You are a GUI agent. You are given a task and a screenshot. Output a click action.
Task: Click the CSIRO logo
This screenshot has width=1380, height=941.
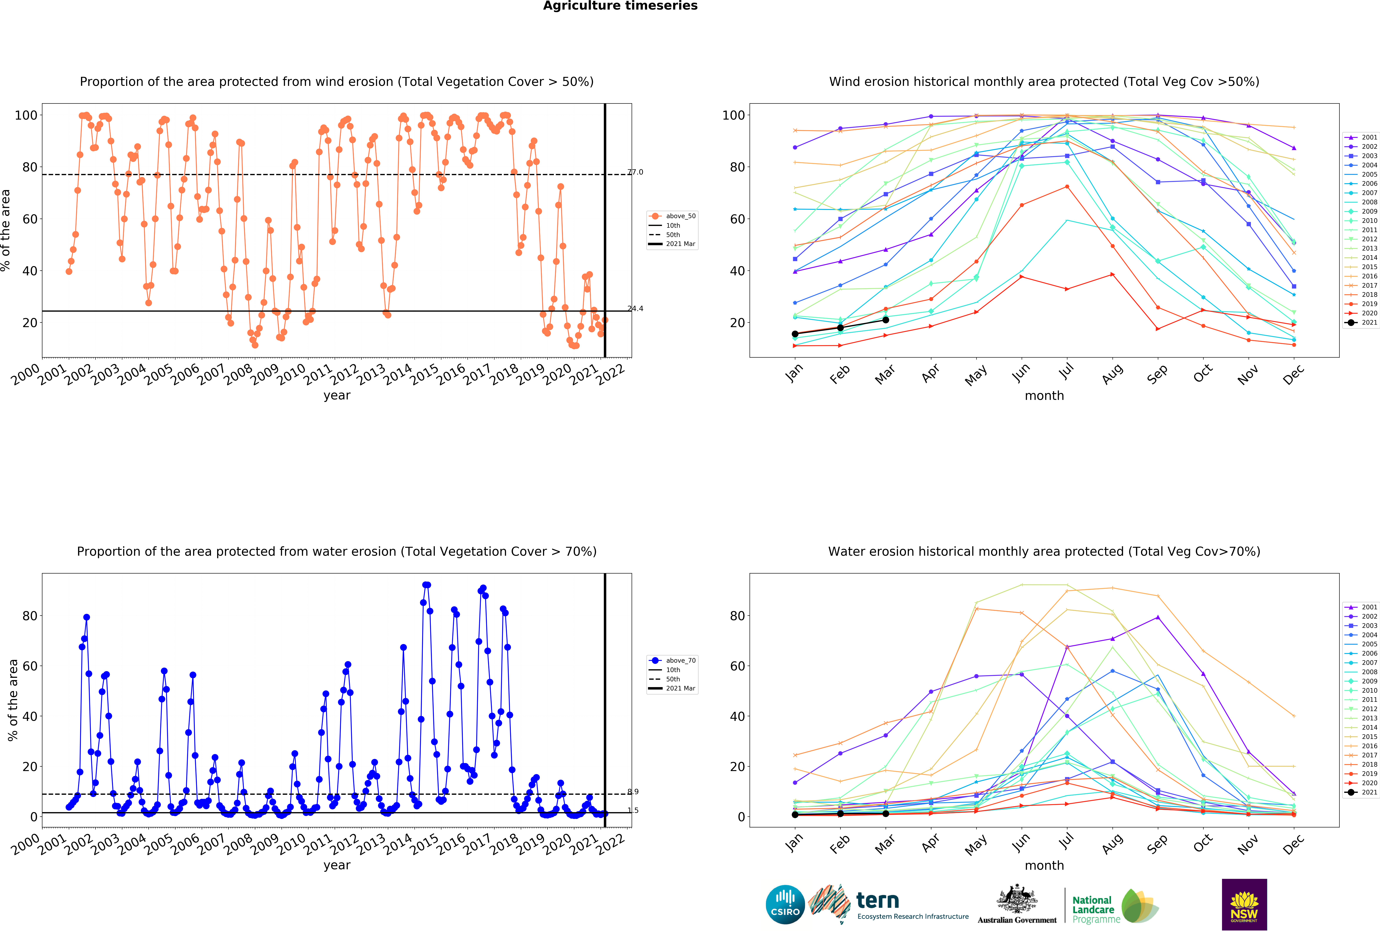click(785, 905)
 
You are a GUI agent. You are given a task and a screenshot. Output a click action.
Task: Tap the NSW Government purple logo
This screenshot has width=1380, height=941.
click(1244, 904)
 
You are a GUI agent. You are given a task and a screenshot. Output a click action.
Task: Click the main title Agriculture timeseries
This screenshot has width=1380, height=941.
click(620, 6)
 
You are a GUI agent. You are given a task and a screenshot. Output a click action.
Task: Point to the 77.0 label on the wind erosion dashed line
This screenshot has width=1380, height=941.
click(635, 172)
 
